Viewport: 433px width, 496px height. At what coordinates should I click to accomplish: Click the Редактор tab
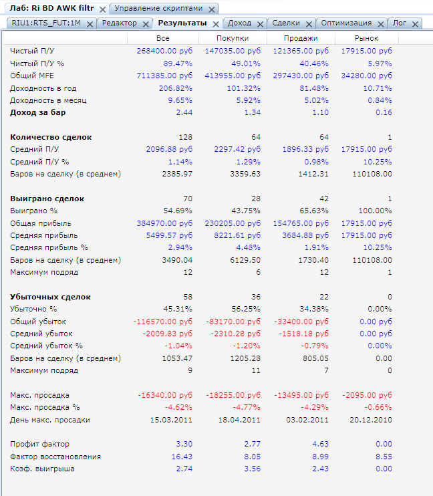pyautogui.click(x=119, y=23)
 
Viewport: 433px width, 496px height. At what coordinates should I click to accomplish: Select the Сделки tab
pyautogui.click(x=286, y=23)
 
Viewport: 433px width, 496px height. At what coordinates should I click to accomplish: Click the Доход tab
pyautogui.click(x=239, y=23)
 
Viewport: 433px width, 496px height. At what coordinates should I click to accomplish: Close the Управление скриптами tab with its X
pyautogui.click(x=211, y=9)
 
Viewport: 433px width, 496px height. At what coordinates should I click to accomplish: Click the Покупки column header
pyautogui.click(x=233, y=38)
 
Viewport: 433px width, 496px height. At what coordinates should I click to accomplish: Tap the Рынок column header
pyautogui.click(x=367, y=38)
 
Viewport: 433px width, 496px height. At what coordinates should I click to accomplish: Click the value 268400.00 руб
pyautogui.click(x=164, y=51)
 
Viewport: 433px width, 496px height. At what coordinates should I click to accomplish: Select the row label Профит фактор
pyautogui.click(x=39, y=444)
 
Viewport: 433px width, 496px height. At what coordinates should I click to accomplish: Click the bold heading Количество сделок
pyautogui.click(x=51, y=137)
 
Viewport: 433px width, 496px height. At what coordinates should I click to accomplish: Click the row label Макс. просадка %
pyautogui.click(x=45, y=407)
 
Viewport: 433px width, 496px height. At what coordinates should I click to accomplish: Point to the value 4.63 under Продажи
pyautogui.click(x=319, y=444)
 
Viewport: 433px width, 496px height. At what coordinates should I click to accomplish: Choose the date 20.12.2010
pyautogui.click(x=370, y=420)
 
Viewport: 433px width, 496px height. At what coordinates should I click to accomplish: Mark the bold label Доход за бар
pyautogui.click(x=38, y=112)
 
